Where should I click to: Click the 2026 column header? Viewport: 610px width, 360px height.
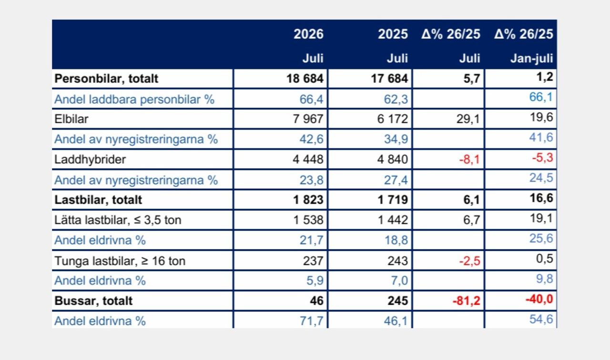pos(308,34)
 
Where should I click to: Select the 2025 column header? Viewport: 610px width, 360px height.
pos(393,34)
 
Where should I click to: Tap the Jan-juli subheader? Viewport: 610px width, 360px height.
pos(531,59)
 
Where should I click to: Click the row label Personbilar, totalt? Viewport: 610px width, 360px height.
pos(106,79)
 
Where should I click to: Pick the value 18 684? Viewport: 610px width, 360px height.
pos(305,79)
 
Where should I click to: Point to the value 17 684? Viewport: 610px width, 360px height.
pos(389,79)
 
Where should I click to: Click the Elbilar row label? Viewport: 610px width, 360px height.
pos(71,119)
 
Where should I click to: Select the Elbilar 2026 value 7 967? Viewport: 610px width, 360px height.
pos(308,119)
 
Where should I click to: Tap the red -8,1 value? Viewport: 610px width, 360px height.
pos(469,160)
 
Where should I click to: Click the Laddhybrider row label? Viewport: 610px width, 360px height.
pos(90,160)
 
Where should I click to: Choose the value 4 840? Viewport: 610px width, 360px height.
pos(392,160)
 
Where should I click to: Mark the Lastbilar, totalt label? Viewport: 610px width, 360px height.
pos(98,200)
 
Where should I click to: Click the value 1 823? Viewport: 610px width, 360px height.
pos(308,200)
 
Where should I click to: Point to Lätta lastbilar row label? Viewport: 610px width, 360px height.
pos(118,220)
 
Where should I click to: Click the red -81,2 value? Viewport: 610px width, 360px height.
pos(466,301)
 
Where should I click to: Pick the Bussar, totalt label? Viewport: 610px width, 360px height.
pos(93,301)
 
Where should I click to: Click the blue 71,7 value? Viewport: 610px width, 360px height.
pos(312,321)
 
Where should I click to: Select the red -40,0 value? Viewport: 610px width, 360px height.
pos(539,300)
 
